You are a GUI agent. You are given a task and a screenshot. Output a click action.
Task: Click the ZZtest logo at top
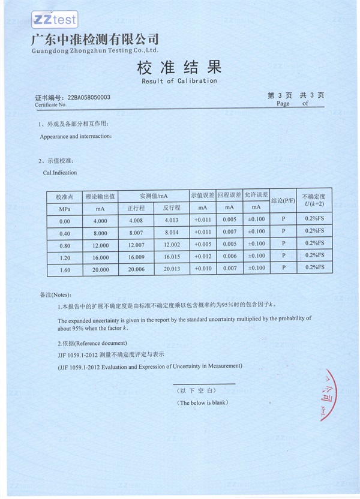click(55, 19)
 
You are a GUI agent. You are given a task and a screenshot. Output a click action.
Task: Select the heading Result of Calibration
click(179, 80)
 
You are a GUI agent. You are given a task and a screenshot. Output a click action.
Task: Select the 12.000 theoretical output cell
click(100, 245)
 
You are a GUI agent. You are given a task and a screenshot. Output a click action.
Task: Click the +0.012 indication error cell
click(203, 257)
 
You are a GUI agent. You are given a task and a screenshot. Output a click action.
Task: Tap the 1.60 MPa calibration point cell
click(64, 270)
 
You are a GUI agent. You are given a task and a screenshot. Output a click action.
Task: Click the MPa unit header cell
click(65, 209)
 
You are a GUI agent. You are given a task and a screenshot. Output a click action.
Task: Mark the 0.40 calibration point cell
click(64, 233)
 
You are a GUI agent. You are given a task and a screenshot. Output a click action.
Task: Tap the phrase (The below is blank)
click(203, 402)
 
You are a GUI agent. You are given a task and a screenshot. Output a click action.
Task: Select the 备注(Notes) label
click(55, 295)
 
